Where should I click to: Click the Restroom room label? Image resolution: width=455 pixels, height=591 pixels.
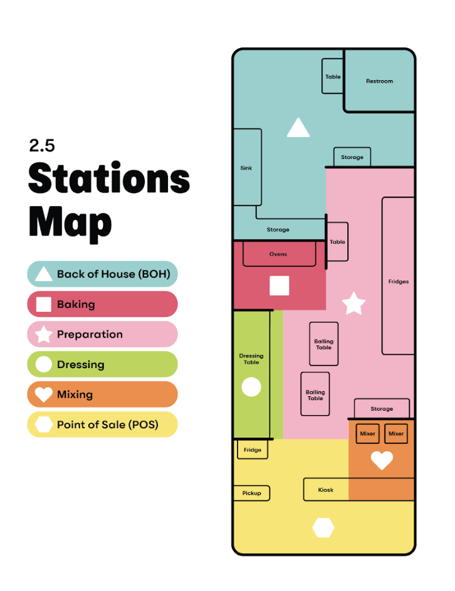click(x=379, y=81)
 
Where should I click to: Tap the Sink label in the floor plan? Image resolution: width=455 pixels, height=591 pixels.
click(x=246, y=168)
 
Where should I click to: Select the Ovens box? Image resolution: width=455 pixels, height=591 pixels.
click(x=278, y=255)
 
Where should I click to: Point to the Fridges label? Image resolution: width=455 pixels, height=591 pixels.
click(x=398, y=282)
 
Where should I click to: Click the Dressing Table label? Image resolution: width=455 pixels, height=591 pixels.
click(x=251, y=359)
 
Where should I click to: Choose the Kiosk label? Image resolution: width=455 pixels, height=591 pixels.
click(x=326, y=490)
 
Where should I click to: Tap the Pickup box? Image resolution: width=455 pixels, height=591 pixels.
click(x=251, y=493)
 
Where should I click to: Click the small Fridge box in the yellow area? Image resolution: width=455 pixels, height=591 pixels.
click(x=253, y=450)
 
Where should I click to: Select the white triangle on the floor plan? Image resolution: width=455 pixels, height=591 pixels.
click(x=298, y=128)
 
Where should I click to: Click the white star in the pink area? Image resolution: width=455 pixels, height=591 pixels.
click(x=353, y=303)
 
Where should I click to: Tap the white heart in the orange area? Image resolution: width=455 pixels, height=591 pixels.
click(x=382, y=460)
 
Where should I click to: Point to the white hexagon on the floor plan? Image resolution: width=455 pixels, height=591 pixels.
click(x=323, y=528)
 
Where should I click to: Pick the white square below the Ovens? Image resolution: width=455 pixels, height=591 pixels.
click(x=280, y=285)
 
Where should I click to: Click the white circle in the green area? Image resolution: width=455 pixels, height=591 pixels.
click(x=251, y=388)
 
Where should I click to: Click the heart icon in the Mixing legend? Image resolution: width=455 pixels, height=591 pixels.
click(x=43, y=394)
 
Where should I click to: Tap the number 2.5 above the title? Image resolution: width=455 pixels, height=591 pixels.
click(x=42, y=146)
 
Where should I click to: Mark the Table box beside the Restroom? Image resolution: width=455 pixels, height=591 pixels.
click(x=333, y=77)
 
